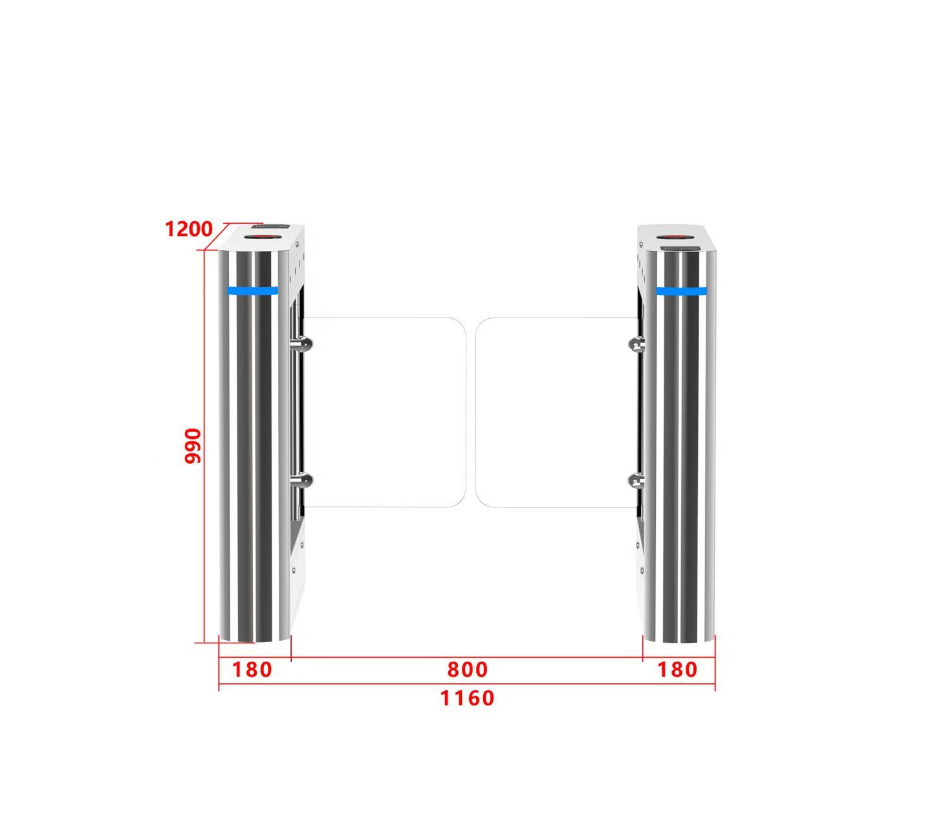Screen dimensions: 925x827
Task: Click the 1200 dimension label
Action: point(188,229)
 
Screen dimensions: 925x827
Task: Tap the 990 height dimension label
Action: point(193,446)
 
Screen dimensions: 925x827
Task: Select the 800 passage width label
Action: point(467,670)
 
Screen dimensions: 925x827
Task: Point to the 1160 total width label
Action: point(467,698)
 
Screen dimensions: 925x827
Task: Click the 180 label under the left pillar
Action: point(252,670)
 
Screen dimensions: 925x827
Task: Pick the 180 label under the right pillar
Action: point(677,670)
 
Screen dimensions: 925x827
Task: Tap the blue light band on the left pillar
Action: point(252,291)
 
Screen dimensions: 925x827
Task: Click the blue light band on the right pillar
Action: point(681,291)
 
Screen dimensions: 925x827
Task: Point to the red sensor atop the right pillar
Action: point(674,237)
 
